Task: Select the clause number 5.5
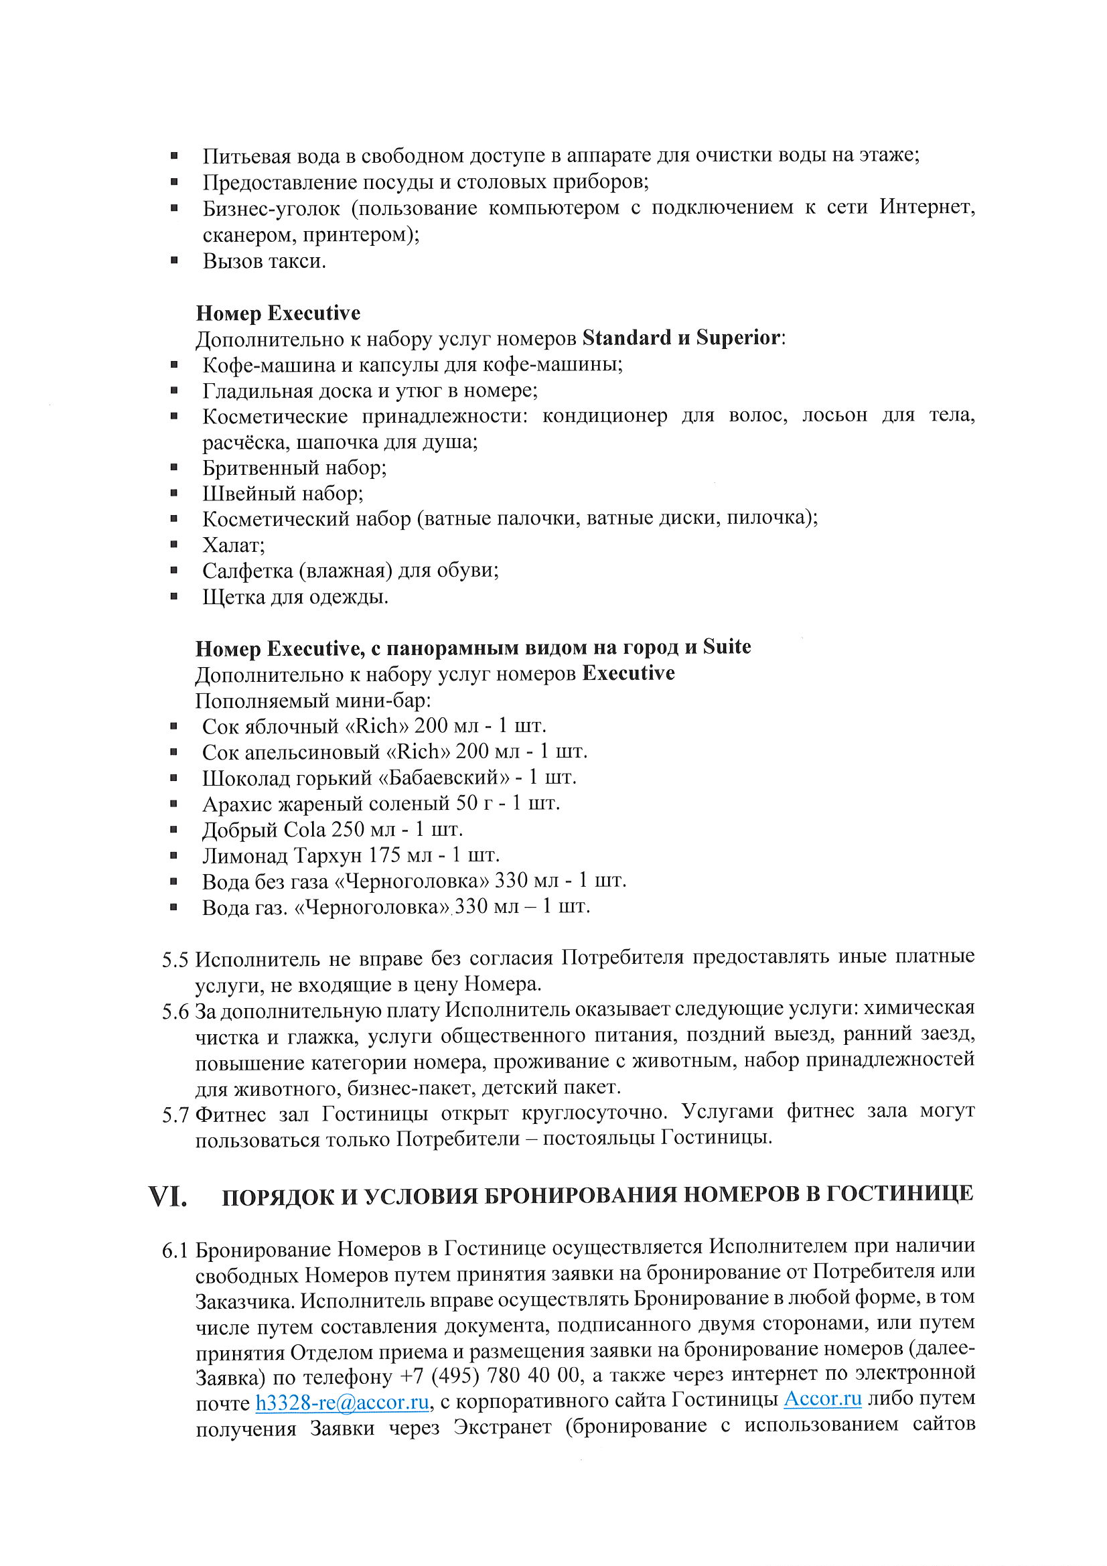point(175,960)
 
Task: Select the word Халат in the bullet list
point(232,545)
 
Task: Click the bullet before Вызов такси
point(175,260)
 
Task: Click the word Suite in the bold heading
point(727,646)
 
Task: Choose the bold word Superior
point(738,338)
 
